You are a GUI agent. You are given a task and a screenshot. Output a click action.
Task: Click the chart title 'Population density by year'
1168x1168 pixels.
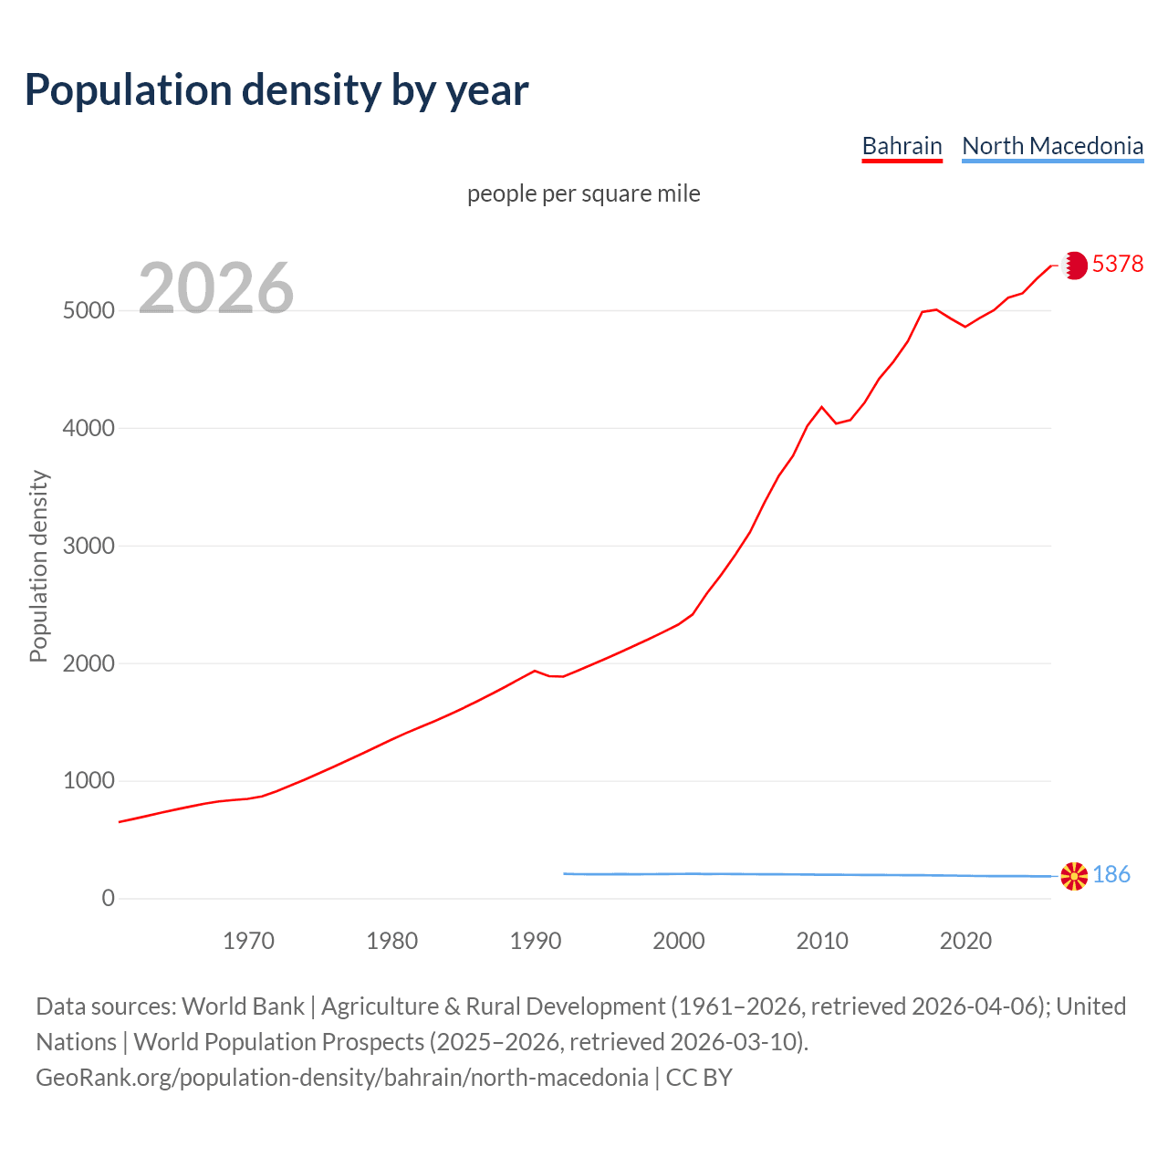tap(276, 89)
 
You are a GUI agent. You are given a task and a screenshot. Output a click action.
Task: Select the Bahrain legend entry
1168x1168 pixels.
tap(902, 146)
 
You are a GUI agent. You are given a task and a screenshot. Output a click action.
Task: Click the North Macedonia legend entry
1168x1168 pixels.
tap(1052, 146)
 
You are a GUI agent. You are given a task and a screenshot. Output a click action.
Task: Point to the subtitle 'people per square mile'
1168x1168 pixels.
tap(584, 193)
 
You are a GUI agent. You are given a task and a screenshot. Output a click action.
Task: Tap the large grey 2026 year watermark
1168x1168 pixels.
tap(216, 288)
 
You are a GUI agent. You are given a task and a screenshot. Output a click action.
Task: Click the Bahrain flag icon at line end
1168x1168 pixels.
tap(1075, 265)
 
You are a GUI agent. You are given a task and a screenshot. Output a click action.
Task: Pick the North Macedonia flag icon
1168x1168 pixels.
tap(1075, 876)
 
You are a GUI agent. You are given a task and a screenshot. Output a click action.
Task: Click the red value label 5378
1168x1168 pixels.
tap(1118, 264)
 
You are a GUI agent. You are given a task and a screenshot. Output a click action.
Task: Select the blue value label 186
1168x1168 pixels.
tap(1111, 875)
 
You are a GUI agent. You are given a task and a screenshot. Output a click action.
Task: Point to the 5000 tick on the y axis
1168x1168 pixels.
tap(89, 310)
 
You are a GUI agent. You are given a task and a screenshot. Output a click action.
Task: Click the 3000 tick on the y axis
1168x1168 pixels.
tap(89, 546)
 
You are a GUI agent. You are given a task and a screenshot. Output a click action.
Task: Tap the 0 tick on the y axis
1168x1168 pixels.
tap(109, 899)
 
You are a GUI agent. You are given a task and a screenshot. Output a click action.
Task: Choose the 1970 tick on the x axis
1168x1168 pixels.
tap(248, 941)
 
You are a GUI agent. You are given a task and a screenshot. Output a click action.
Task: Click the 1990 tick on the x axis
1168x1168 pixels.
tap(536, 941)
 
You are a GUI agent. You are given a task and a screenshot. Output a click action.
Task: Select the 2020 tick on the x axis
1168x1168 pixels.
tap(965, 941)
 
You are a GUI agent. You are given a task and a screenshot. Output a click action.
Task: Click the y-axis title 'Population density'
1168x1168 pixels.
tap(38, 566)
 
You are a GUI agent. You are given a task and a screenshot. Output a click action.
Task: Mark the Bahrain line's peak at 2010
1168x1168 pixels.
tap(821, 407)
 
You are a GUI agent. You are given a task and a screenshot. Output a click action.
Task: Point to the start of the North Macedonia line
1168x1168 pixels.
tap(564, 873)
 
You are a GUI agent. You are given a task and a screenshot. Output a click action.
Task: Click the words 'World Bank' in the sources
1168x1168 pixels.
tap(243, 1006)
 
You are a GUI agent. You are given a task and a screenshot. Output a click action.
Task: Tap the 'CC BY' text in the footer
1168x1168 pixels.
tap(699, 1078)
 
